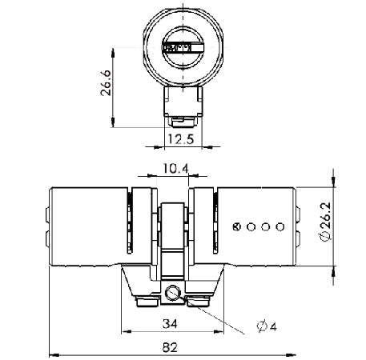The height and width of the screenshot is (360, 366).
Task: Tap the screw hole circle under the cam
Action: click(175, 294)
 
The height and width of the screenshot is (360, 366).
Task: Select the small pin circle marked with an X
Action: click(236, 226)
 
